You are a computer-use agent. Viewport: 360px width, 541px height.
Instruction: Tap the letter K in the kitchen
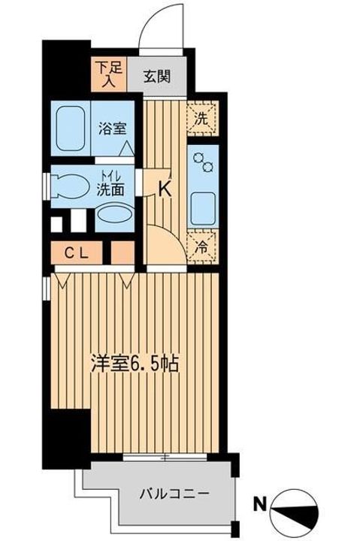165,190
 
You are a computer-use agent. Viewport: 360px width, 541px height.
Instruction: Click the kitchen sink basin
203,205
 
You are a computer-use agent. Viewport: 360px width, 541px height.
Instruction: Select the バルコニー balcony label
174,494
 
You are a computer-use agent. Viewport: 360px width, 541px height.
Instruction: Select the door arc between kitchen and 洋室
165,240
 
